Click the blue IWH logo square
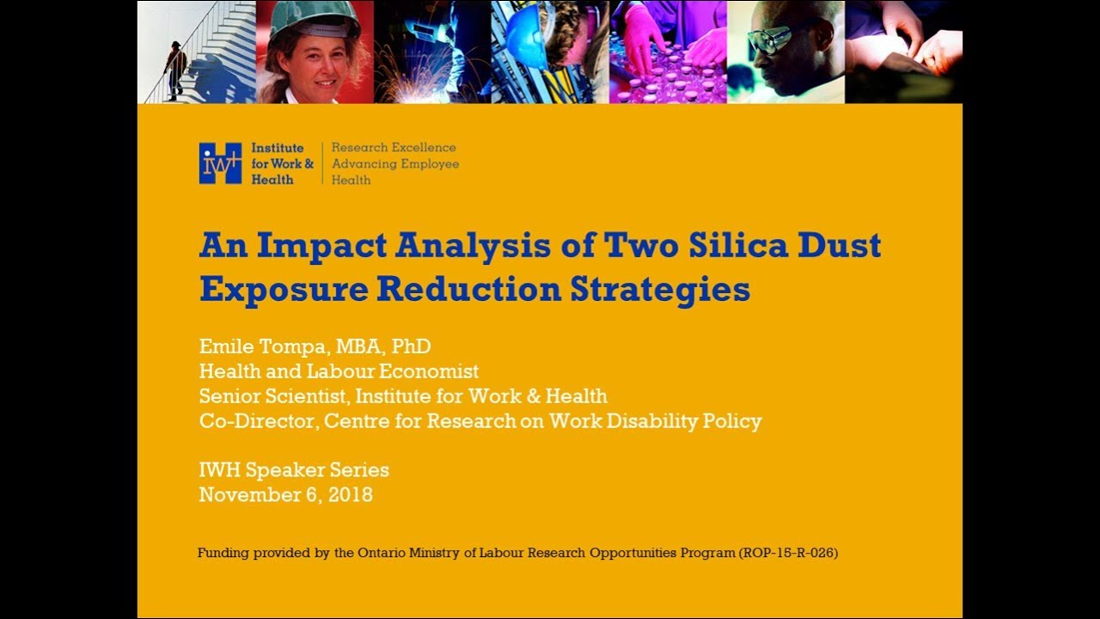point(220,163)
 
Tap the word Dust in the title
point(840,245)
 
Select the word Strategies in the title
point(660,291)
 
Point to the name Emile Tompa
point(262,346)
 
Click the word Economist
point(429,371)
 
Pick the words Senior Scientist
point(273,396)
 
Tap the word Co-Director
point(256,421)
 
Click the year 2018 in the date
point(351,494)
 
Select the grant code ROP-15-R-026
point(788,553)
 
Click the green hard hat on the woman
point(315,20)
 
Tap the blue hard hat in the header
point(526,40)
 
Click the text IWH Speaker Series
point(294,470)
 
